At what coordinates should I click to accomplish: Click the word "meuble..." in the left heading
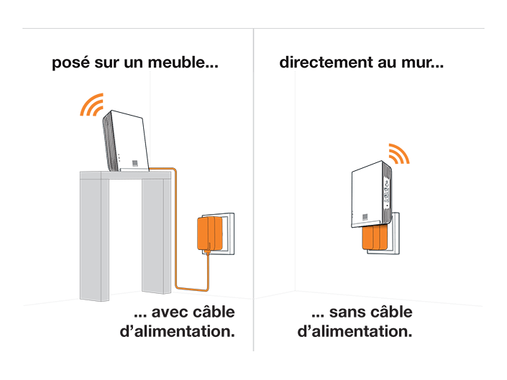183,62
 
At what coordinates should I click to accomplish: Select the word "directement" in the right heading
326,62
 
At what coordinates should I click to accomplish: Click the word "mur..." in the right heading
422,62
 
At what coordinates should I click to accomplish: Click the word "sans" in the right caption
347,312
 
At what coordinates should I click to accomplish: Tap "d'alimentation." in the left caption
177,331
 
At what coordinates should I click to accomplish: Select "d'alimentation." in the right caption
355,331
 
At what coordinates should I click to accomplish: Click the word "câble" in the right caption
391,312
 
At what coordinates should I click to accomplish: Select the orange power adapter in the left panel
209,233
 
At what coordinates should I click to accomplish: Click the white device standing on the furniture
125,141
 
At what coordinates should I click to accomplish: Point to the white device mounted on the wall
371,194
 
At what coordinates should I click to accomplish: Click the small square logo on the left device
135,163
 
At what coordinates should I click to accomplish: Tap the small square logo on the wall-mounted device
365,217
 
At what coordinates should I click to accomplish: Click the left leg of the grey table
94,239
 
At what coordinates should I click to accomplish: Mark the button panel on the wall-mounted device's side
386,192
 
